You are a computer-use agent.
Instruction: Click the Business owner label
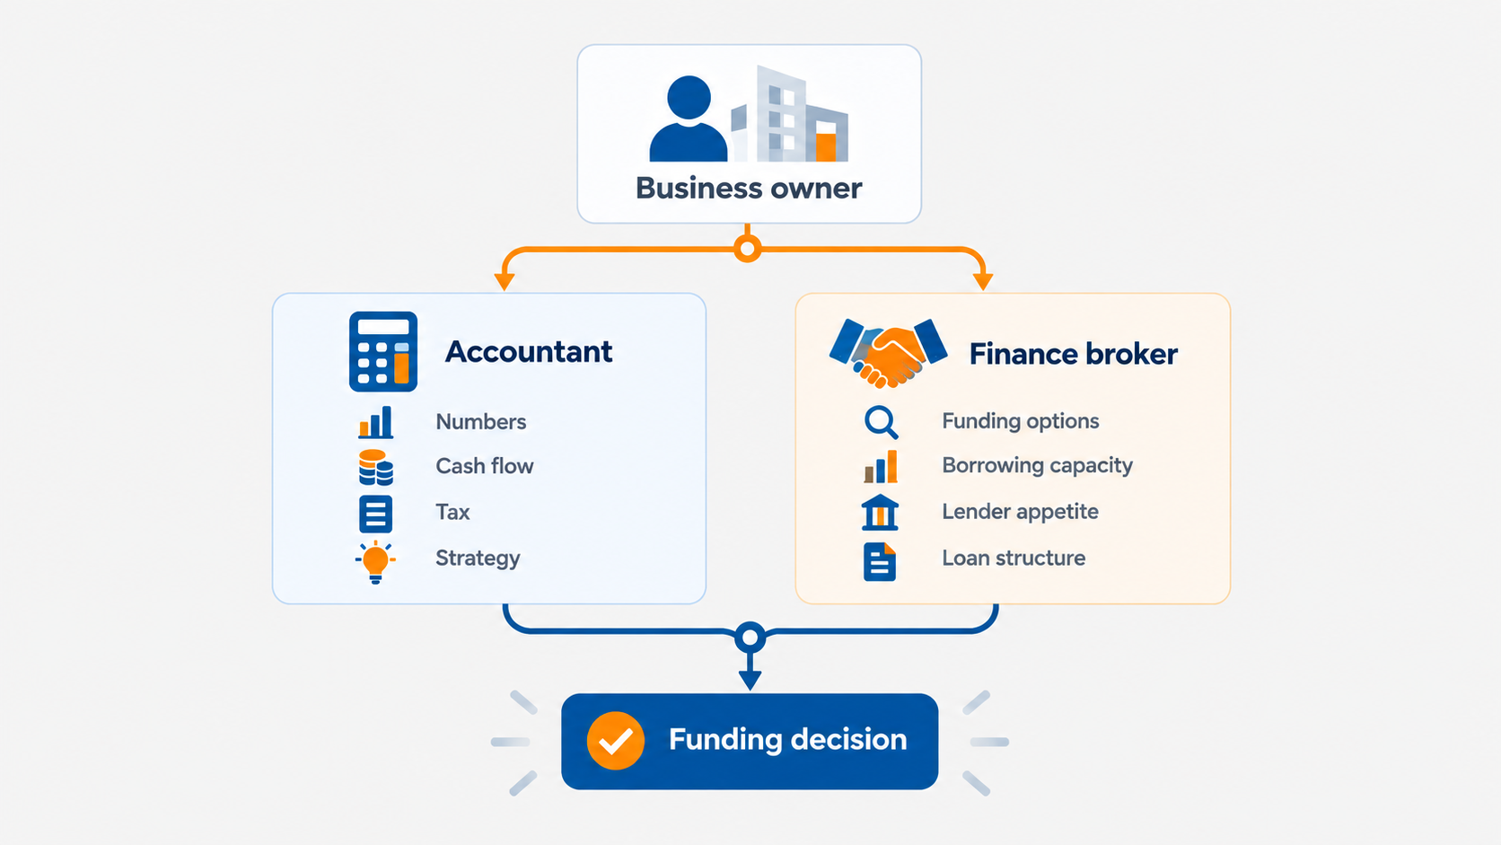(749, 189)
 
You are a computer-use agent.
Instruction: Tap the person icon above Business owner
(689, 119)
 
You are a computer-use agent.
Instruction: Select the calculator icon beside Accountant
(383, 351)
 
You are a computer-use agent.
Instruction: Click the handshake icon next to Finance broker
(888, 353)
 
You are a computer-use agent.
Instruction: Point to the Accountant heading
(529, 352)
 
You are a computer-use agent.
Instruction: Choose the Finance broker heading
(1073, 354)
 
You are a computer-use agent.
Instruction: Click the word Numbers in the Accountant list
(480, 422)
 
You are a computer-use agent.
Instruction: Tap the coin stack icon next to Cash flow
(376, 467)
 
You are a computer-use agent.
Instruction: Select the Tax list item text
(452, 513)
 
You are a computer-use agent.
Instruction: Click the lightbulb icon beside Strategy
(375, 561)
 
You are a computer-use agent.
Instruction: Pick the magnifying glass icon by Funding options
(882, 422)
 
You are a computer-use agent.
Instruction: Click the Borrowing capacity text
(1037, 466)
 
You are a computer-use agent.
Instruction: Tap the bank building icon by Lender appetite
(880, 513)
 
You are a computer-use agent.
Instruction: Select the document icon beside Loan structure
(880, 561)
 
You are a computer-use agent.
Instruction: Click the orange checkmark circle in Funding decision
(615, 741)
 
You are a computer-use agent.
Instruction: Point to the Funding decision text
(787, 740)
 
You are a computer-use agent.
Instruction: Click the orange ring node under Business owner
(748, 250)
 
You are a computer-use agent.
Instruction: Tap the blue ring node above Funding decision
(750, 637)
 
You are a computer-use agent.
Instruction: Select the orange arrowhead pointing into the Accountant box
(505, 281)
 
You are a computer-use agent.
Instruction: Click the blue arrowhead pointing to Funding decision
(750, 681)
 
